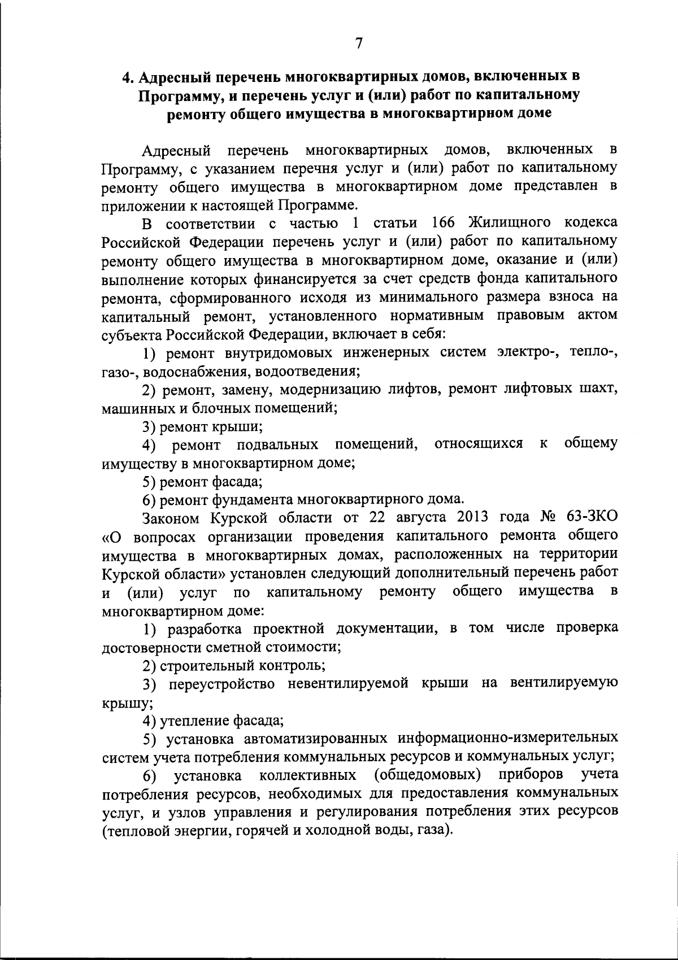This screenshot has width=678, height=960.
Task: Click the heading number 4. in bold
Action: pos(129,76)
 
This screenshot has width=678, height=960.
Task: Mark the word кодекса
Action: pos(591,222)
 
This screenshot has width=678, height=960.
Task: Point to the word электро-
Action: pos(529,353)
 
